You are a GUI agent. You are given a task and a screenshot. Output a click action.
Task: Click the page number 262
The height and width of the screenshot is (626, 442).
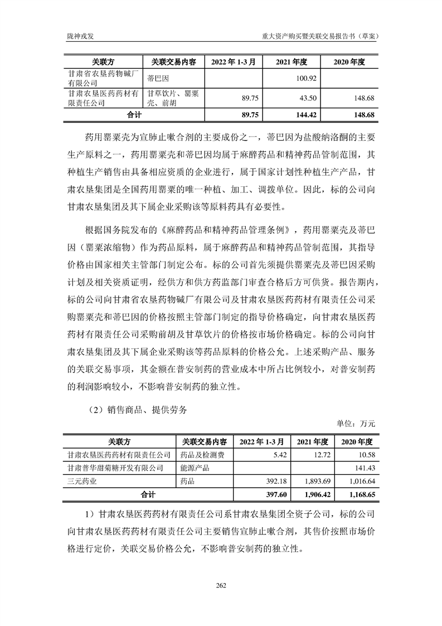pyautogui.click(x=221, y=585)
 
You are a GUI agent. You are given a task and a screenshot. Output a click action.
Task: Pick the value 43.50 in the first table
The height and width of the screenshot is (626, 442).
pyautogui.click(x=308, y=98)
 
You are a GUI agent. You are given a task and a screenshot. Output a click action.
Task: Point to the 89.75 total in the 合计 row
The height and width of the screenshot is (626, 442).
pyautogui.click(x=245, y=115)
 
